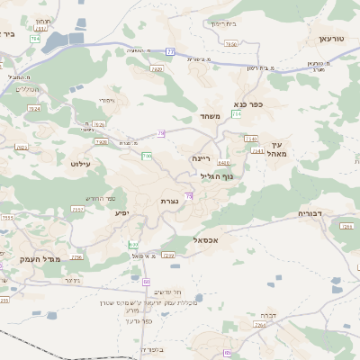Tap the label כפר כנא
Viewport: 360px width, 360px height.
click(247, 104)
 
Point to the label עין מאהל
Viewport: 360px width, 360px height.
click(275, 149)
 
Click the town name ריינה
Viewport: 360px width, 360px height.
click(200, 157)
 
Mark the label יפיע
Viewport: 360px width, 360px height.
click(123, 212)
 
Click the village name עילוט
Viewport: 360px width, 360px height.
click(80, 164)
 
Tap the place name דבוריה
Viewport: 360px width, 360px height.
click(316, 213)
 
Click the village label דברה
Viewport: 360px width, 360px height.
click(267, 315)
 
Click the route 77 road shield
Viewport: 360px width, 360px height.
click(170, 52)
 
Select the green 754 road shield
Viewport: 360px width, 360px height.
click(236, 114)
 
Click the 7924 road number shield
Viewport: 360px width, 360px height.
click(34, 108)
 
